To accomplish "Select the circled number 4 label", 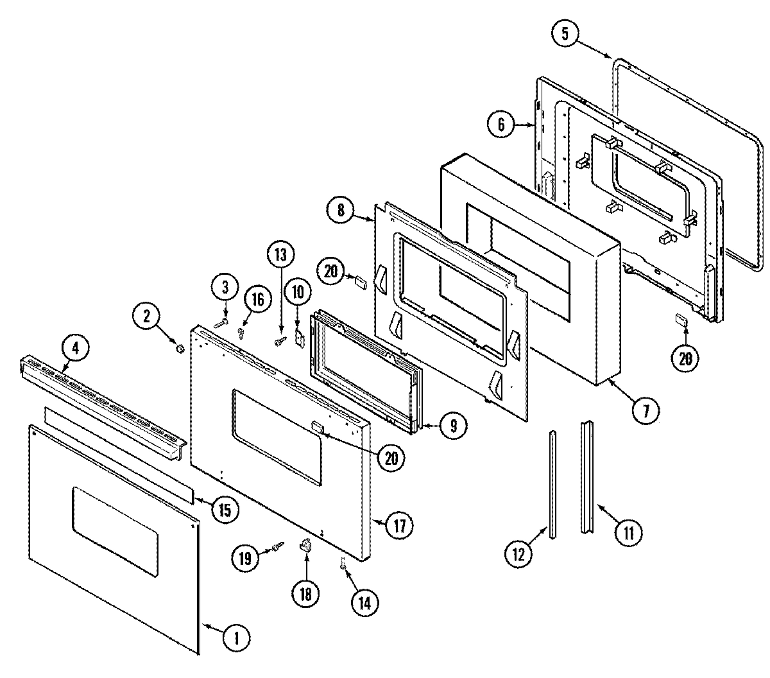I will coord(75,349).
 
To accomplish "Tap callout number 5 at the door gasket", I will coord(565,34).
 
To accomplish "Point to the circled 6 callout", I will coord(501,125).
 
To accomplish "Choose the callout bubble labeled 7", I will coord(646,411).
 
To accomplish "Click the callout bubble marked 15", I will coord(225,510).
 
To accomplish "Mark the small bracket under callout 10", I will coord(299,336).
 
